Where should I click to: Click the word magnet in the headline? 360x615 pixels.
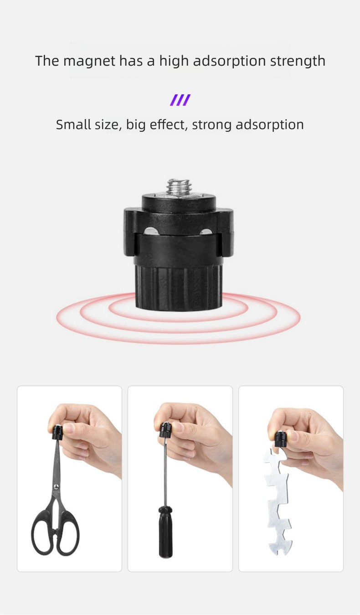tap(89, 61)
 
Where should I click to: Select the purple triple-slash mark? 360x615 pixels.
tap(180, 100)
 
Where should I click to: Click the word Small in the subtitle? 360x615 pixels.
tap(73, 124)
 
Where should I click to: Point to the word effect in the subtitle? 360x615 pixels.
tap(170, 124)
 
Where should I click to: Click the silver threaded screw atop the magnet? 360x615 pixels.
tap(178, 187)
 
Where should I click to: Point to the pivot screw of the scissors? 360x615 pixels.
tap(56, 487)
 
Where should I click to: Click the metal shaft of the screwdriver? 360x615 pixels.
tap(165, 474)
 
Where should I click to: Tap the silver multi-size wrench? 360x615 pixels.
tap(278, 501)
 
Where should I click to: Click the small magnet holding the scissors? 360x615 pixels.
tap(57, 431)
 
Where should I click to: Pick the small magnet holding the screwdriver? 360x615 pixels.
tap(165, 429)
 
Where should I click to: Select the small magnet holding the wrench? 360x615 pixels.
tap(280, 439)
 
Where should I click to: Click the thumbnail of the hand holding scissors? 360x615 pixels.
tap(69, 479)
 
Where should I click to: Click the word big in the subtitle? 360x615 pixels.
tap(136, 124)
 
